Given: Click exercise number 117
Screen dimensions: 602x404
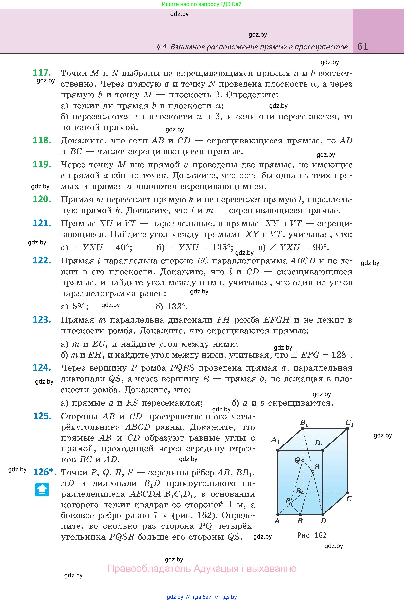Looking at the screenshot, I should [x=42, y=73].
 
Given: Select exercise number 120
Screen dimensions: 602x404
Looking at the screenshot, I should [x=42, y=199].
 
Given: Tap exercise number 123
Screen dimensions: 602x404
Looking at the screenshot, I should [x=42, y=319].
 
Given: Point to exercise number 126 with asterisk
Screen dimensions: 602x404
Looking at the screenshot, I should [x=44, y=472].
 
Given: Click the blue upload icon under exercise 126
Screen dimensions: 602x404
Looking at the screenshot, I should [x=42, y=490].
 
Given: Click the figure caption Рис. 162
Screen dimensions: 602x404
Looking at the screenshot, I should [x=312, y=535].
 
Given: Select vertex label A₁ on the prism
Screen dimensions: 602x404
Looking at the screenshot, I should [x=275, y=440].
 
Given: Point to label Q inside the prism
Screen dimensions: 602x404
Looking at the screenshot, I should [x=297, y=460].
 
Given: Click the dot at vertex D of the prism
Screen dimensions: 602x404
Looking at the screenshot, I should [x=322, y=515].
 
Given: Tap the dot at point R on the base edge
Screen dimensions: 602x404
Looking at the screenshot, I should [x=300, y=515].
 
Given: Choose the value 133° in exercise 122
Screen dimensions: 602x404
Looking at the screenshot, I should [x=176, y=306].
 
